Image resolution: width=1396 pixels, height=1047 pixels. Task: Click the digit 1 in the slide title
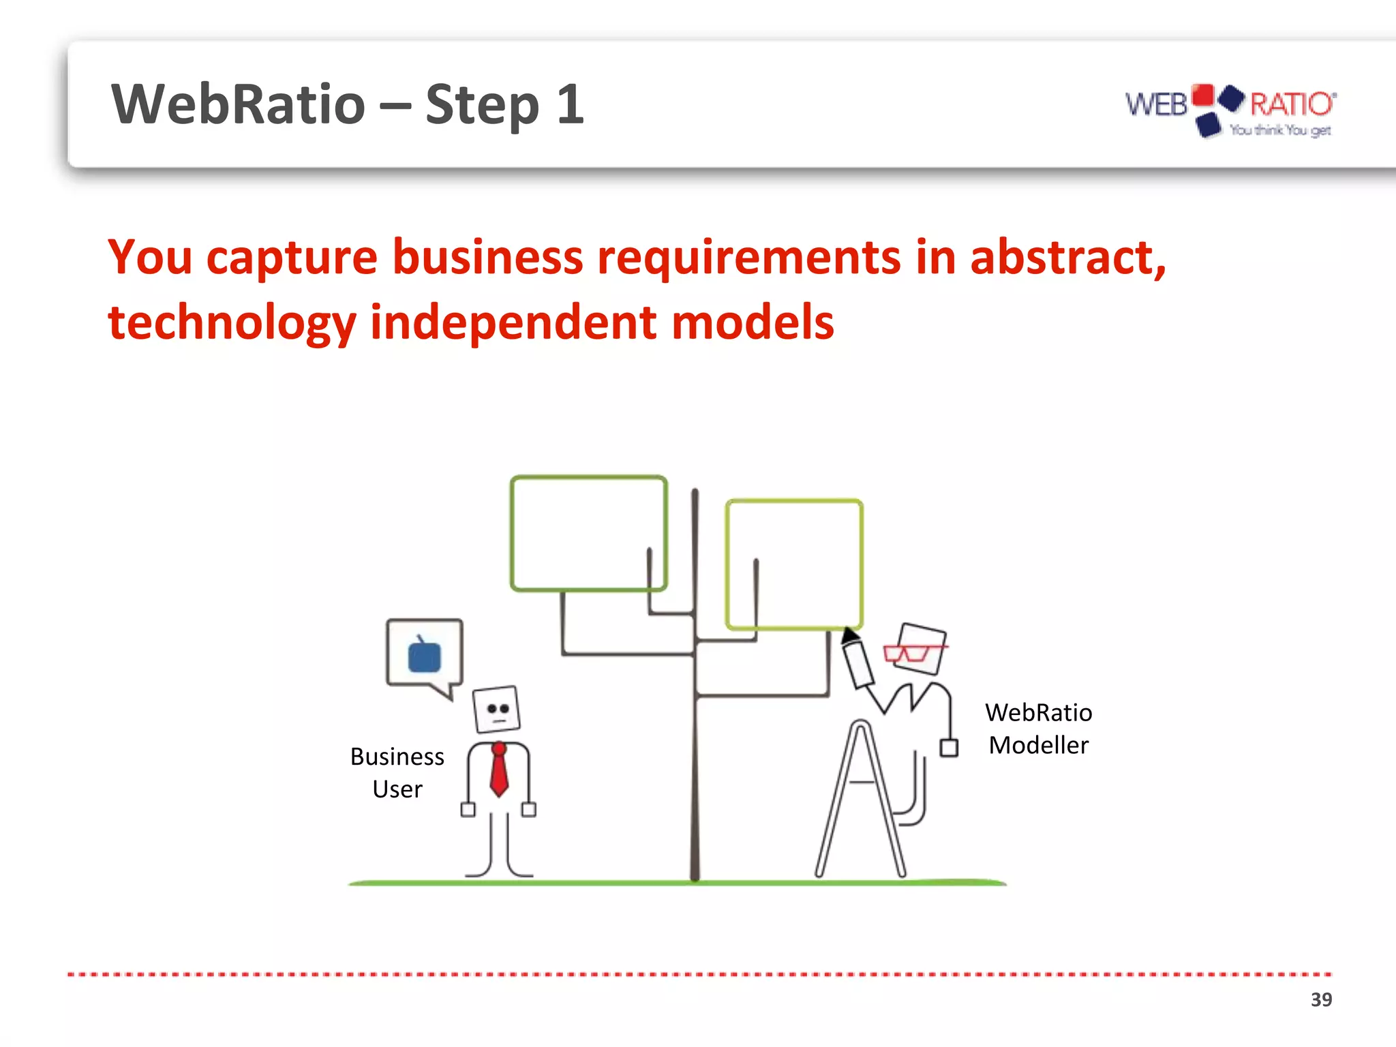pos(570,105)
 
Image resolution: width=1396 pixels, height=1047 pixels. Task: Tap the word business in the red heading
pos(487,258)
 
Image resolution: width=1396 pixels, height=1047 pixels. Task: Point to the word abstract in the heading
pos(1067,258)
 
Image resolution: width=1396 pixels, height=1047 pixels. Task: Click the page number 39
pos(1321,999)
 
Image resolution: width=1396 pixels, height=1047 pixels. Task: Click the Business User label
pos(397,772)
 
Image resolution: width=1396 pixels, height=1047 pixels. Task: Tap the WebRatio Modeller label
pos(1038,729)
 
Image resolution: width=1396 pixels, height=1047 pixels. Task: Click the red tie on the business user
pos(499,770)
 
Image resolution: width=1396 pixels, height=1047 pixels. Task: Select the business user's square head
pos(497,710)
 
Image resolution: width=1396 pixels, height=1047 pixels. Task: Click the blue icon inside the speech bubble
pos(424,656)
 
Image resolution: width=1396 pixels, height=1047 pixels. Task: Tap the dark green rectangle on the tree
pos(588,533)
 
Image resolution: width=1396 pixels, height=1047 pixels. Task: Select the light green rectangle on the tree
pos(794,564)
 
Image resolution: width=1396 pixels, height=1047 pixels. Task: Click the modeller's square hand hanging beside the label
pos(949,748)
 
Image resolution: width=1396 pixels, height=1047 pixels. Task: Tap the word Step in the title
pos(482,105)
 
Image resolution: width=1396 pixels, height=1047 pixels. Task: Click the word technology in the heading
pos(232,322)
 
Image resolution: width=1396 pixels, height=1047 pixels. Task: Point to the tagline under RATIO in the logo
pos(1280,130)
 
